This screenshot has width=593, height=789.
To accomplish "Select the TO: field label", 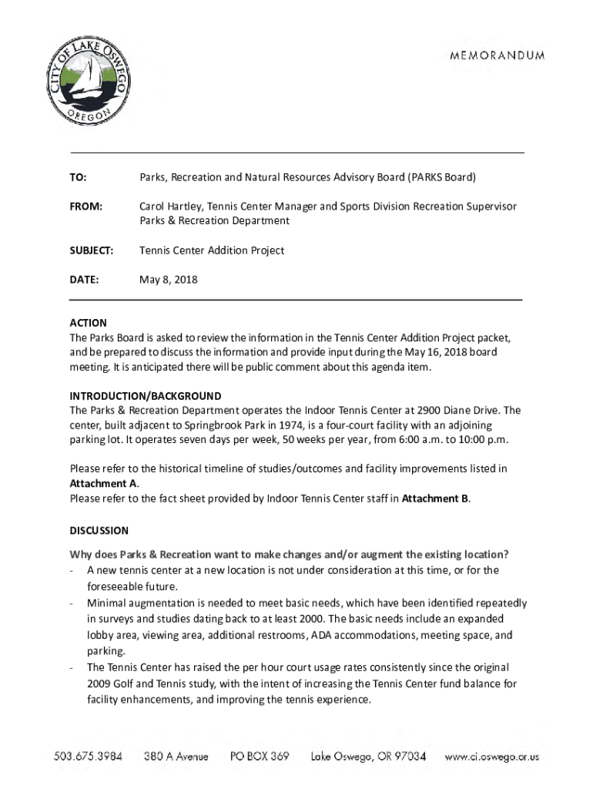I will click(x=78, y=177).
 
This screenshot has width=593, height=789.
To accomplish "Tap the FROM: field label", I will click(x=85, y=206).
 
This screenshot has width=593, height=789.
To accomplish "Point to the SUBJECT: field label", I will click(x=92, y=250).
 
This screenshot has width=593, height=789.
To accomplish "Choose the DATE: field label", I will click(x=84, y=280).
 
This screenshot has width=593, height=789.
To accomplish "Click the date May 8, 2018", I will click(x=168, y=280).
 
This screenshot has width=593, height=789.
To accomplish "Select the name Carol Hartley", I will click(x=172, y=206).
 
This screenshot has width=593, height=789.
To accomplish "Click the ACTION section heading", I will click(x=89, y=323).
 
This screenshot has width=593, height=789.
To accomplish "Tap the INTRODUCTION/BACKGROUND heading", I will click(x=146, y=396).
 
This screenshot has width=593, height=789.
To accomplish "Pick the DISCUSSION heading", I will click(x=99, y=531).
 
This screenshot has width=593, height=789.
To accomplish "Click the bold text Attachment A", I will click(x=103, y=483).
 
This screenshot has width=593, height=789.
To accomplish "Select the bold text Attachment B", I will click(x=435, y=498).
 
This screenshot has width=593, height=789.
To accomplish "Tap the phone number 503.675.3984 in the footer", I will click(x=88, y=757).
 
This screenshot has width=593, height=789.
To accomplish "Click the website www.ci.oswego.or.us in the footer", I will click(x=491, y=757).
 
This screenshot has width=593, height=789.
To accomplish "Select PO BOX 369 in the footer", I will click(x=260, y=757).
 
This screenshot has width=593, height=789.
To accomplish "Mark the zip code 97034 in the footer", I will click(x=407, y=757).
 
